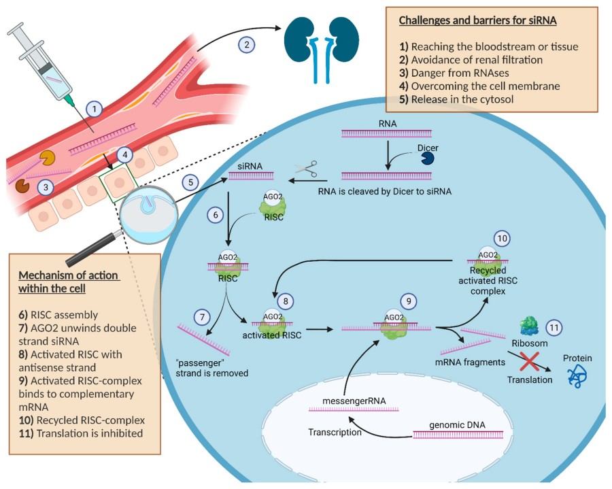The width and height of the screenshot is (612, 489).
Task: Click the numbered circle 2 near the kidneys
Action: click(x=247, y=45)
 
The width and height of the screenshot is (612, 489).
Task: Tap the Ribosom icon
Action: click(x=530, y=326)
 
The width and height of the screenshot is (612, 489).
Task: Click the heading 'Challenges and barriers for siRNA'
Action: click(x=478, y=21)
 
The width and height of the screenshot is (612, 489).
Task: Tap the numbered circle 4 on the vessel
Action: click(x=123, y=154)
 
